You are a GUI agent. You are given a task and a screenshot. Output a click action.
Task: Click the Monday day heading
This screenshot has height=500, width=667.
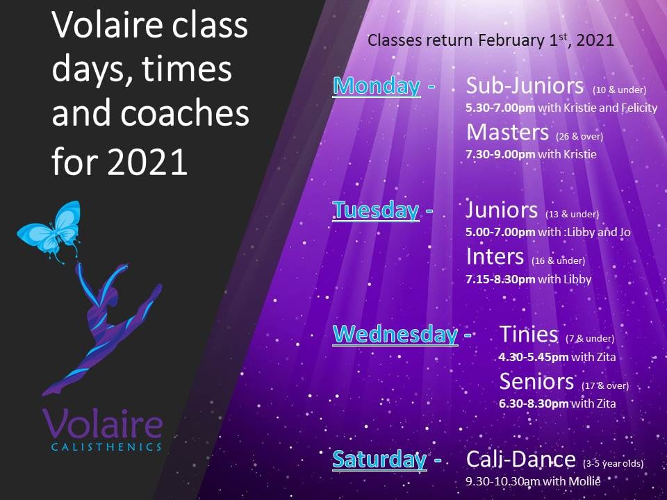tap(377, 86)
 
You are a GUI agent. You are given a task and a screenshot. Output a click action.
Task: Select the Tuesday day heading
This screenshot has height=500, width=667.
tap(376, 210)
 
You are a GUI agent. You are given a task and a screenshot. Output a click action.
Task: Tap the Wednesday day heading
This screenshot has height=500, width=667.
tap(395, 334)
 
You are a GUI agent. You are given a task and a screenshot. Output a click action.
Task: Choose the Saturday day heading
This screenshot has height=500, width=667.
tap(379, 459)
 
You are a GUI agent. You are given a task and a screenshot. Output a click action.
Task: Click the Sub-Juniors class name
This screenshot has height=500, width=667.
tap(525, 85)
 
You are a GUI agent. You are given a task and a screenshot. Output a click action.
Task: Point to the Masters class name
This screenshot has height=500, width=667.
tap(507, 132)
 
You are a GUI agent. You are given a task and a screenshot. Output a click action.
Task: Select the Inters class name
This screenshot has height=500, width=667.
tap(495, 256)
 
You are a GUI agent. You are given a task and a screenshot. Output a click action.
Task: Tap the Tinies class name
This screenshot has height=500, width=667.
tap(529, 334)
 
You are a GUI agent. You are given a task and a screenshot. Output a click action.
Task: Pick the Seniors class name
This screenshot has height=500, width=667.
tap(537, 381)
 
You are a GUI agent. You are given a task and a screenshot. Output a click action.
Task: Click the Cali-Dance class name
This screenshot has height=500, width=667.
tap(521, 459)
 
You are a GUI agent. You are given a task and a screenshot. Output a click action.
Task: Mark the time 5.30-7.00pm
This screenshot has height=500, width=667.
tap(500, 108)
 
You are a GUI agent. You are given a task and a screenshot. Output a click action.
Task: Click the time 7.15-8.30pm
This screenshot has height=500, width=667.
tap(500, 279)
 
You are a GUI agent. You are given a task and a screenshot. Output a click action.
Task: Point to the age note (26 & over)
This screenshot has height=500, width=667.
tap(579, 137)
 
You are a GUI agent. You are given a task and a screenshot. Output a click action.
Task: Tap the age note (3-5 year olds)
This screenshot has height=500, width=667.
tap(613, 463)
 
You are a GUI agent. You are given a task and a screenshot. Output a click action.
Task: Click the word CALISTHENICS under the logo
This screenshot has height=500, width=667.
tap(106, 447)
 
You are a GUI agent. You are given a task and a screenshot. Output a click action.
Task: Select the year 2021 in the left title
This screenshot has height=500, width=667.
tap(147, 162)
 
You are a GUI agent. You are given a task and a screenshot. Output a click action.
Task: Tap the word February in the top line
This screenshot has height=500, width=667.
tap(511, 41)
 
